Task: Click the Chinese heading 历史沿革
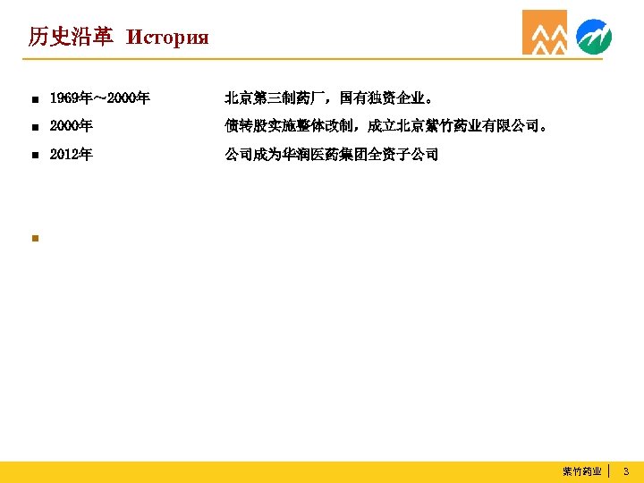[71, 37]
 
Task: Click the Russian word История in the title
[167, 38]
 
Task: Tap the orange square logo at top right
[545, 33]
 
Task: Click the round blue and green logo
[594, 36]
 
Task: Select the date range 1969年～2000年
[99, 97]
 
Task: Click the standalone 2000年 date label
[71, 126]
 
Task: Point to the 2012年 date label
[71, 155]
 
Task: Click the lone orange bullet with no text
[33, 238]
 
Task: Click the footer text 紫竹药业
[581, 470]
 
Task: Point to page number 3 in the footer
[626, 470]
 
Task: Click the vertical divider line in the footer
[609, 470]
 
